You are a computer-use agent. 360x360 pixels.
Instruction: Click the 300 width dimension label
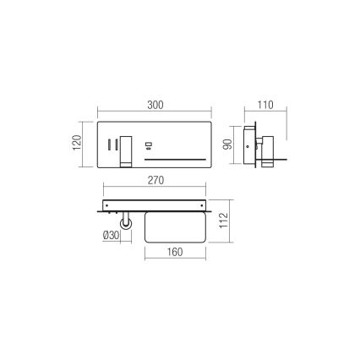(155, 105)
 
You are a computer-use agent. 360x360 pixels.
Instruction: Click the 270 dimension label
(155, 180)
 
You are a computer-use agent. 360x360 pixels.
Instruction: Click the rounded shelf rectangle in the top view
(176, 226)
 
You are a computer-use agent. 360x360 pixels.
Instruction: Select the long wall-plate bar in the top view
(155, 205)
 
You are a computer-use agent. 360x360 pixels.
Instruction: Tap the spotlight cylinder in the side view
(265, 145)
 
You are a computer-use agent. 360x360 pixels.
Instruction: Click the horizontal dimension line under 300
(155, 112)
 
